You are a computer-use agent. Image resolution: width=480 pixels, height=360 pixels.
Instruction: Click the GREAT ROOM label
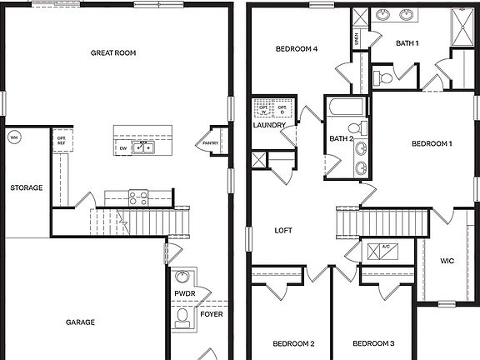(x=113, y=52)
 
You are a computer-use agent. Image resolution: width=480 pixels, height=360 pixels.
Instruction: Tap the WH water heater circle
(x=13, y=137)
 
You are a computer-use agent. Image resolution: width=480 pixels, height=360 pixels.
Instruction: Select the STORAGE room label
(x=27, y=187)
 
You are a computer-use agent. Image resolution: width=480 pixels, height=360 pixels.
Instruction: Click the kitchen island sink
(x=144, y=148)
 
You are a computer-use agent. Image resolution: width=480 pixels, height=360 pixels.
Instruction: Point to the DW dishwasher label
(x=123, y=148)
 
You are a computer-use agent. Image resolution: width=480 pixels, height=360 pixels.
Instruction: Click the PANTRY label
(x=206, y=143)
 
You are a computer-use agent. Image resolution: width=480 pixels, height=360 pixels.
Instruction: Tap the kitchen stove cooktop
(x=138, y=198)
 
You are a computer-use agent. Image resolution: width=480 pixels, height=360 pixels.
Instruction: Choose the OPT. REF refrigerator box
(x=61, y=141)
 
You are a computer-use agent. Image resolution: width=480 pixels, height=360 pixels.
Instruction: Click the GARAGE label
(x=80, y=322)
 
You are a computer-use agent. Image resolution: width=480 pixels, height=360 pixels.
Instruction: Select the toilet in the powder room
(x=182, y=317)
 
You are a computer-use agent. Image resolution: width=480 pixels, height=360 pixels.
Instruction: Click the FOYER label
(x=212, y=315)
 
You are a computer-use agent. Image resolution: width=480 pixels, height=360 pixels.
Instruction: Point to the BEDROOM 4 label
(x=297, y=49)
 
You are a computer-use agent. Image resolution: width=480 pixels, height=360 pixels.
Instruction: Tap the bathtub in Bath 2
(x=342, y=109)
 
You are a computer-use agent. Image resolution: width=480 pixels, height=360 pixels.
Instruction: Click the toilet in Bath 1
(x=384, y=78)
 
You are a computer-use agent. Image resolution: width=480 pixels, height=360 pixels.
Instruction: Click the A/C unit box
(x=386, y=251)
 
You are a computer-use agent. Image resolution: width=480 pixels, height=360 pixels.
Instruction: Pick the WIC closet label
(x=447, y=261)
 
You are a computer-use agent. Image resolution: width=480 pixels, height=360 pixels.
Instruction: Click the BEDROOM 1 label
(x=432, y=143)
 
